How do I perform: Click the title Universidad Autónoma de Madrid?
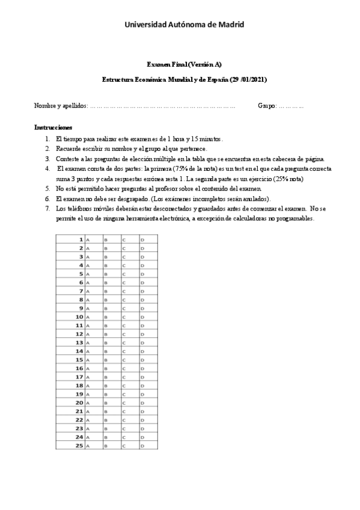(184, 24)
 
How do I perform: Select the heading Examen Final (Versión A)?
(185, 64)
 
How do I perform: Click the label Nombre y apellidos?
(60, 106)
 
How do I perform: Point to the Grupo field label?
(266, 106)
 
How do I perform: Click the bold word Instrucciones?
(53, 127)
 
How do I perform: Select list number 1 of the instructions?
(47, 138)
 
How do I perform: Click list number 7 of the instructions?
(47, 208)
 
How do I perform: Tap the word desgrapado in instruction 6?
(130, 198)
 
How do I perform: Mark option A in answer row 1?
(88, 240)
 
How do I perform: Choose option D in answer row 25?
(142, 446)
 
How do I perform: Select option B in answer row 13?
(106, 343)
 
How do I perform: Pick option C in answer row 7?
(124, 291)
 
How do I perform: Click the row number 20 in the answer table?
(79, 402)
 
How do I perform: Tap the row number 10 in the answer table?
(79, 316)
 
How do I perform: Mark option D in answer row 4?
(142, 265)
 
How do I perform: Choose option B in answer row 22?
(106, 420)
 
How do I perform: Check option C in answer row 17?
(124, 377)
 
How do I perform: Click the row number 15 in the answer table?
(79, 360)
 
